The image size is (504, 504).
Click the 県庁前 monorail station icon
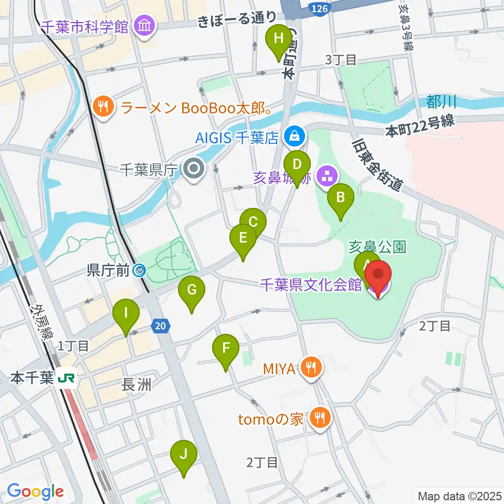point(139,271)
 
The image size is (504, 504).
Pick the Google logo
point(36,492)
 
